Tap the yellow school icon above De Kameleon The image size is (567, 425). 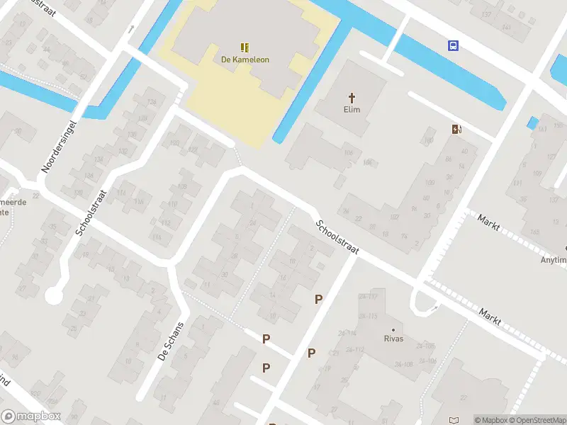point(245,48)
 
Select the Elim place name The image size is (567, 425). point(352,109)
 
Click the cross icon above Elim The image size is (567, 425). point(352,97)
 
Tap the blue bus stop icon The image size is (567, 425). point(453,46)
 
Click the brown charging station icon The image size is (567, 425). point(457,129)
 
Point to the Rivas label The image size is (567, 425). point(394,339)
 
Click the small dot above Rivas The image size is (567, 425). point(394,329)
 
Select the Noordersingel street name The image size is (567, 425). point(58,146)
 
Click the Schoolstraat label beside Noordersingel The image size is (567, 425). point(91,212)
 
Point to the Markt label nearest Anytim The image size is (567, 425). point(489,222)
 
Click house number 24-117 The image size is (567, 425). point(367,297)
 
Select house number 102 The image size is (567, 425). point(394,217)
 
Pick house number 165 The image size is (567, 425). point(534,232)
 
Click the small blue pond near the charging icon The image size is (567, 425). point(532,123)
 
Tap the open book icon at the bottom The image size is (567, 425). point(454,420)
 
